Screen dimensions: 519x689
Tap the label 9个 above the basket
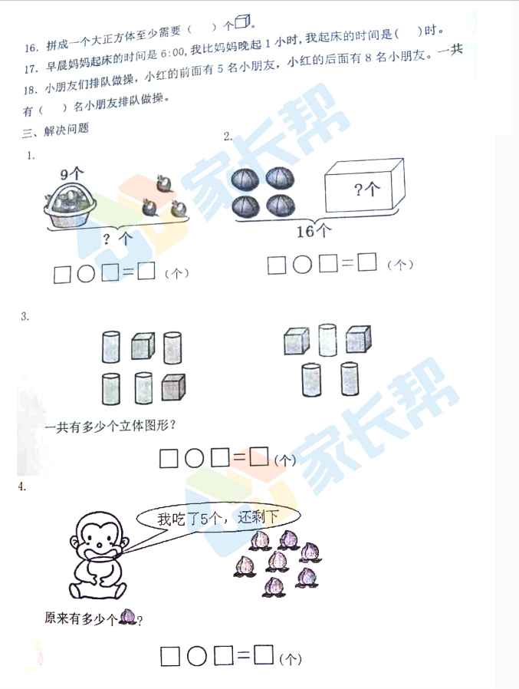click(71, 174)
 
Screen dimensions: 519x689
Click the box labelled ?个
click(364, 186)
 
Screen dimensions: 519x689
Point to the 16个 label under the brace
click(314, 231)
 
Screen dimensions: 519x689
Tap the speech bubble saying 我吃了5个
click(218, 519)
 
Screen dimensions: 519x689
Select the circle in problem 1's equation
click(86, 274)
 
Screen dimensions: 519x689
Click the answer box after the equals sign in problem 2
click(367, 262)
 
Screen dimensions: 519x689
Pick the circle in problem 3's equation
click(194, 458)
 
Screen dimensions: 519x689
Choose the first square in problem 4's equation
click(170, 656)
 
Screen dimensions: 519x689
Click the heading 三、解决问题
click(56, 130)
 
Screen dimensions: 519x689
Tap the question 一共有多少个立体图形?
click(110, 427)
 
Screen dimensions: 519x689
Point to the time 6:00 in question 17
click(172, 54)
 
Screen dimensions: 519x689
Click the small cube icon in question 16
click(242, 21)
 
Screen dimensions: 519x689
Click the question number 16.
click(31, 48)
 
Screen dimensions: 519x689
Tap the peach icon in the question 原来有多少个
click(128, 616)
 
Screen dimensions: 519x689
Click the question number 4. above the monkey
click(22, 486)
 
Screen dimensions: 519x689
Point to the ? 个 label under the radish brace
click(117, 239)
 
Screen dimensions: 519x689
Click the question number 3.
click(25, 316)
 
